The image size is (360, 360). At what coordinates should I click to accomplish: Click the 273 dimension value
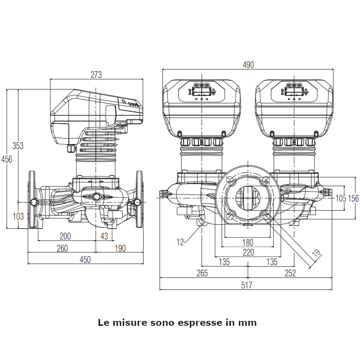coord(96,75)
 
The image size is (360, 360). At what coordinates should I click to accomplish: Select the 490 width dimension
coord(248,65)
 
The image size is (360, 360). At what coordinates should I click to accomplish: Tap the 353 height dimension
coord(18,146)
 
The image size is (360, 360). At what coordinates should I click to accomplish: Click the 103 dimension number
coord(18,216)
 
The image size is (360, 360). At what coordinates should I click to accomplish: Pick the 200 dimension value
coord(66,236)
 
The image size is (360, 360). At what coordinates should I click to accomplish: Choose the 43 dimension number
coord(104,236)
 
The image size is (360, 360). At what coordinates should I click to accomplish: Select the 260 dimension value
coord(62,248)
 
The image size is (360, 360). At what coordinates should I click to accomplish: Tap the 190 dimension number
coord(120,248)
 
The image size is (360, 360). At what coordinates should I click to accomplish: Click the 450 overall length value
coord(85,260)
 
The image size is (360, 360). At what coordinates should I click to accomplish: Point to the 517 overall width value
coord(247,285)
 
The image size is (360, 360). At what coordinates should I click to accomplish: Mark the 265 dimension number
coord(202,273)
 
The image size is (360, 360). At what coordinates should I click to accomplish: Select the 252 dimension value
coord(291,273)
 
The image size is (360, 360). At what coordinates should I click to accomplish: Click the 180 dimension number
coord(248,242)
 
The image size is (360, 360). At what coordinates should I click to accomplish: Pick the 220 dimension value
coord(248,252)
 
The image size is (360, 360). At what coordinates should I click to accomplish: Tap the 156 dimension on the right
coord(354,198)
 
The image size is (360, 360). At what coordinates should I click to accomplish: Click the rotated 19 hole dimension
coord(316,253)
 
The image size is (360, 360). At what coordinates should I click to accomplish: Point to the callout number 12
coord(180,242)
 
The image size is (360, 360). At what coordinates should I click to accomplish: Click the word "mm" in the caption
coord(248,323)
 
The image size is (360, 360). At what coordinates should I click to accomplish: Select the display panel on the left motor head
coord(201,91)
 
